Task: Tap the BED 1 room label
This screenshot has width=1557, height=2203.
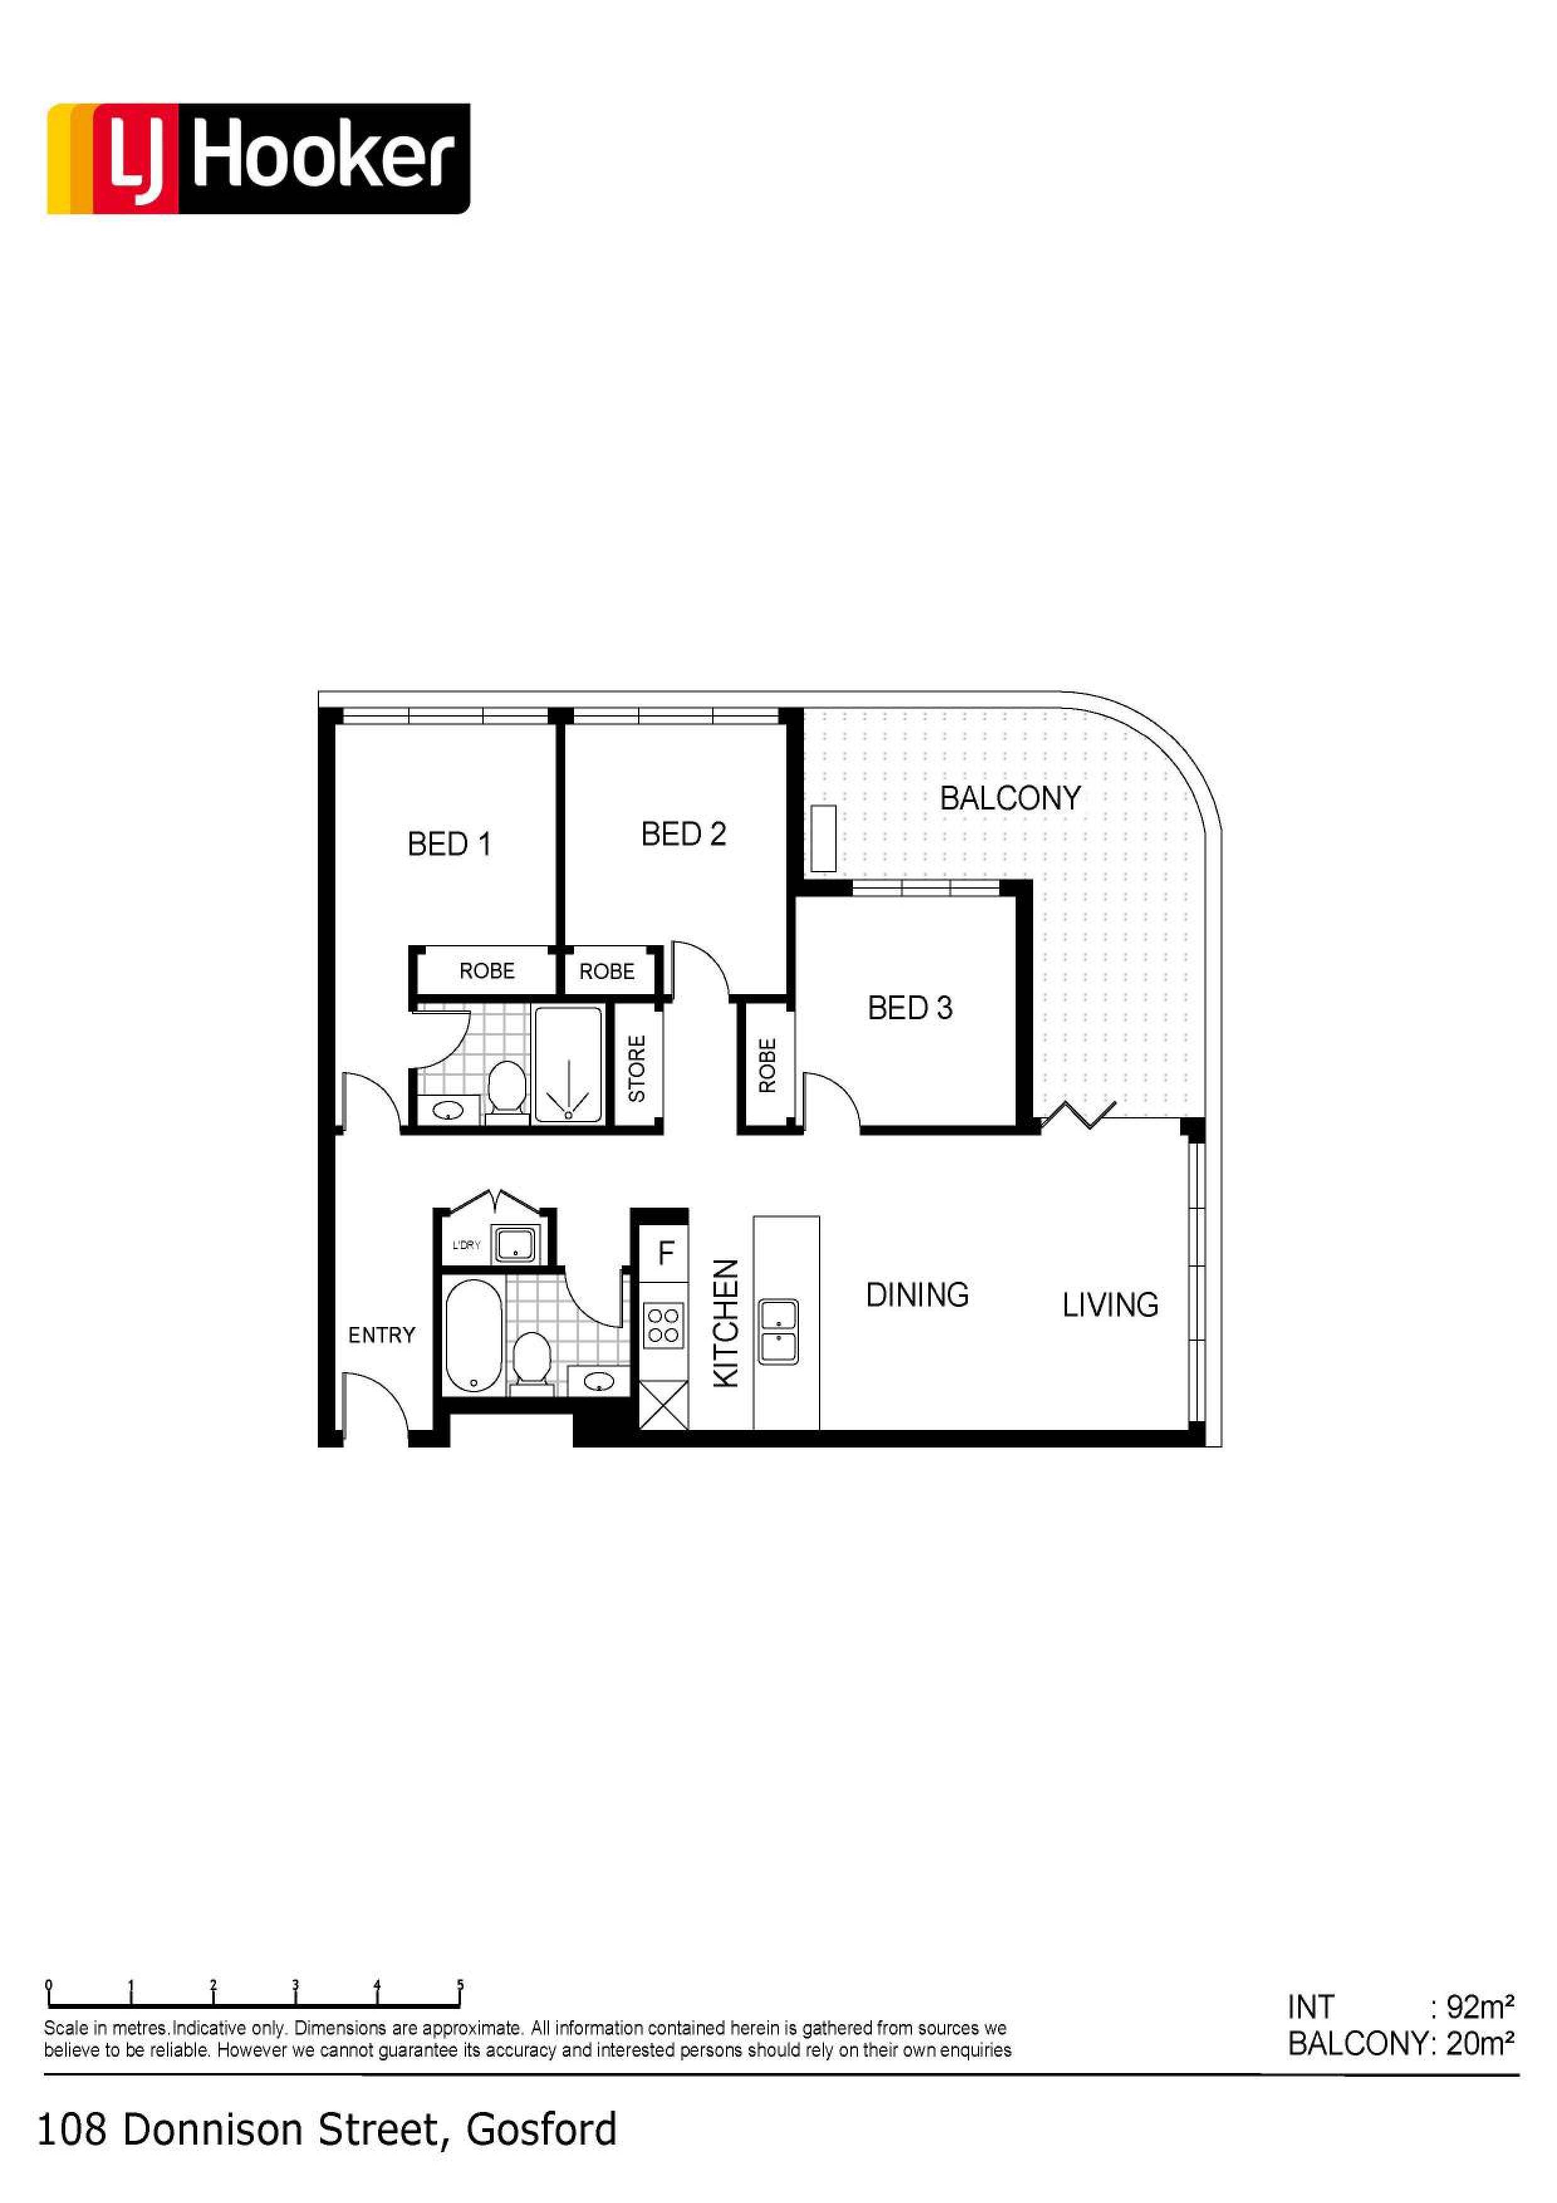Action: click(449, 845)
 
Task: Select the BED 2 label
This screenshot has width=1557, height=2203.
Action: click(683, 835)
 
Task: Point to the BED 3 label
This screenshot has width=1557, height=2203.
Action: click(909, 1009)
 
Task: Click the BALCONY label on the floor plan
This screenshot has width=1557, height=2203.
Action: click(1010, 798)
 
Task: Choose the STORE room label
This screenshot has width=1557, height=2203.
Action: click(636, 1069)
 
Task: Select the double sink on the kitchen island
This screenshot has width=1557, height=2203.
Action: click(778, 1332)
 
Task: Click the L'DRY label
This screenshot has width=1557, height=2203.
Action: click(466, 1245)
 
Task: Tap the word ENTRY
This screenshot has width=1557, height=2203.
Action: click(382, 1336)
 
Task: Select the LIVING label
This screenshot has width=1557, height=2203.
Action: click(1110, 1306)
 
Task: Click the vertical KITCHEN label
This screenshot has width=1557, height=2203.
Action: click(726, 1323)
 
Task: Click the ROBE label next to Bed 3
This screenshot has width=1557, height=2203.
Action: click(766, 1066)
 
